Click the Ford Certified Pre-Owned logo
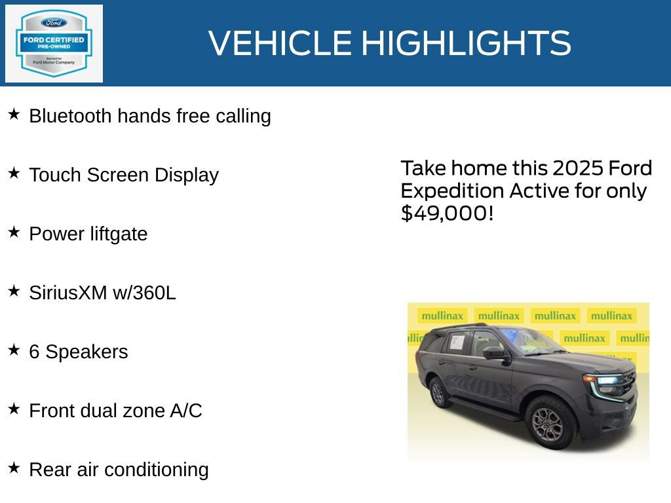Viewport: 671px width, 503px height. [x=54, y=43]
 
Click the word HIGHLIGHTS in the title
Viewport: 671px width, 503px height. [x=466, y=43]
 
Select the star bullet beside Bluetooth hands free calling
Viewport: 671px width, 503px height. [x=14, y=115]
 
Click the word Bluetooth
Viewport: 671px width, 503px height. [x=70, y=116]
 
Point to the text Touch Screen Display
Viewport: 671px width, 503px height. [x=124, y=175]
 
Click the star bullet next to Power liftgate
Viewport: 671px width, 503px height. [x=14, y=233]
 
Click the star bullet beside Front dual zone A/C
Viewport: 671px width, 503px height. [x=14, y=409]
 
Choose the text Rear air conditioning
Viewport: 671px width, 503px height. [x=119, y=470]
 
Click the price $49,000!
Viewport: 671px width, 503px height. [x=447, y=213]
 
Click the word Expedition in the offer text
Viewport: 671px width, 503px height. [x=452, y=191]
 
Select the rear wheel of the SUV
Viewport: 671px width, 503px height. [x=438, y=392]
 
